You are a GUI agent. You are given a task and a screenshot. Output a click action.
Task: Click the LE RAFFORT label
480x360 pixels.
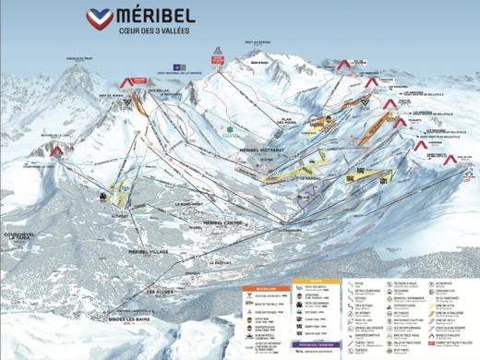point(222,262)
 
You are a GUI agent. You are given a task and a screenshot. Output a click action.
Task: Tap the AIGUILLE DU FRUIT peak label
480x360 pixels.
point(82,58)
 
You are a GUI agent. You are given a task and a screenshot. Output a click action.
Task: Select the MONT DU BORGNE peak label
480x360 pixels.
point(255,43)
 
